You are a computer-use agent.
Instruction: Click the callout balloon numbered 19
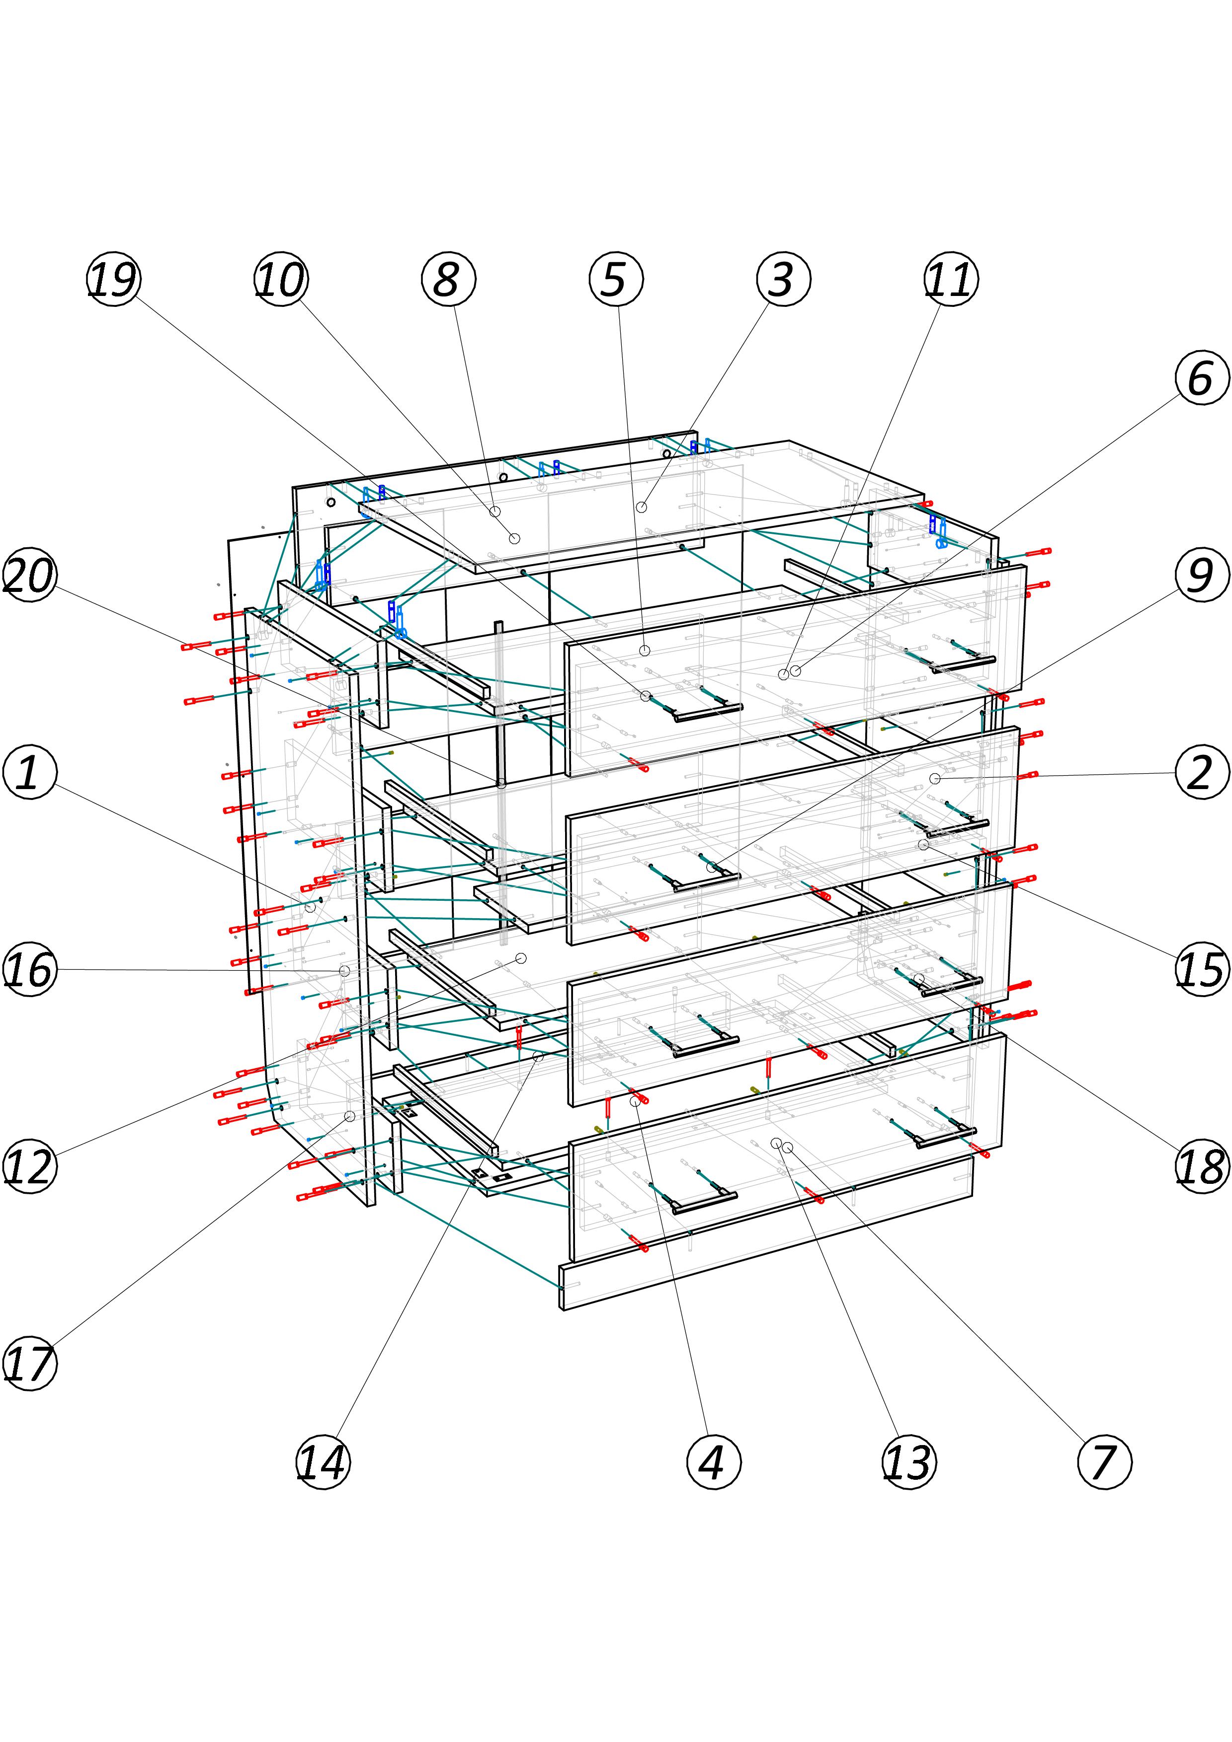point(113,279)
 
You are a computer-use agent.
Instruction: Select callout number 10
point(281,279)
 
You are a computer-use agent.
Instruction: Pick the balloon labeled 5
point(616,279)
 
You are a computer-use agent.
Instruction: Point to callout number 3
point(783,279)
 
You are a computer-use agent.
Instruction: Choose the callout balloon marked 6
point(1202,377)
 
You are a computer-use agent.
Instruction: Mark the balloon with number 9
point(1202,575)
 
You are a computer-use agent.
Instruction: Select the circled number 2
point(1202,772)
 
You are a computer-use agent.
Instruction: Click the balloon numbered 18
point(1202,1166)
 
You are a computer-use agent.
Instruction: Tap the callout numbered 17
point(30,1364)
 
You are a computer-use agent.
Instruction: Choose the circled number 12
point(30,1166)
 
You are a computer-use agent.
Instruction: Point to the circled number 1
point(30,772)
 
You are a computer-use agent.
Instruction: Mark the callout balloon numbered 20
point(30,575)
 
